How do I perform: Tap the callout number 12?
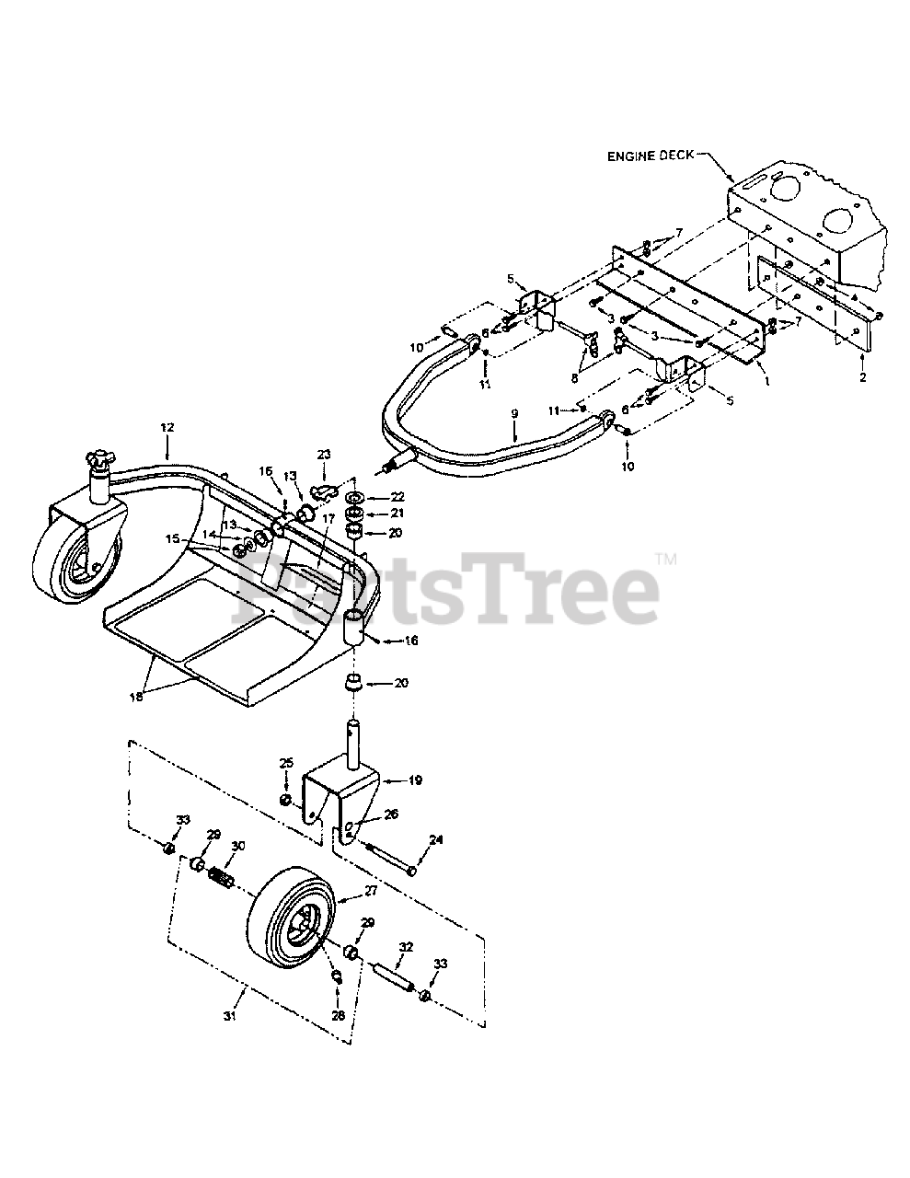[167, 428]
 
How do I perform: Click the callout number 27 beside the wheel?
[345, 890]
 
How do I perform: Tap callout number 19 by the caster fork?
[415, 780]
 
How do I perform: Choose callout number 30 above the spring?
[239, 846]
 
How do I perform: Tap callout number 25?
[286, 763]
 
